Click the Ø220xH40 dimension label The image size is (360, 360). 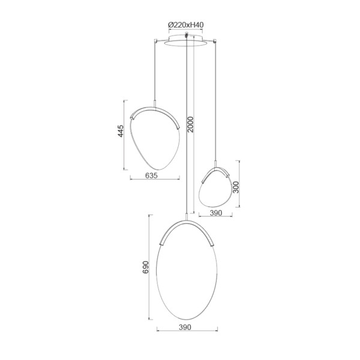[x=186, y=25]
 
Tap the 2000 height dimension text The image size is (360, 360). [x=191, y=125]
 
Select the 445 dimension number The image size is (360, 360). [x=121, y=131]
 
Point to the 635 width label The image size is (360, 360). [x=152, y=175]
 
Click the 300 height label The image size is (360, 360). [x=236, y=187]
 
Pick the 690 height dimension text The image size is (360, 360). [x=146, y=267]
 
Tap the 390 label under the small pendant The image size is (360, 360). [x=216, y=213]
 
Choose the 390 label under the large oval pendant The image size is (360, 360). [x=185, y=327]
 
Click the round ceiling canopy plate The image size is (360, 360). [x=186, y=41]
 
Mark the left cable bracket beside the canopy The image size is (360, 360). [x=155, y=41]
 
